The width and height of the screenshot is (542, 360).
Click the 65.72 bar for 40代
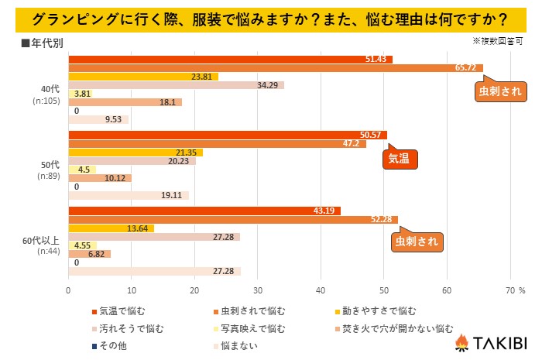[x=276, y=68]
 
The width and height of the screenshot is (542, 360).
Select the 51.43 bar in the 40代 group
[x=230, y=60]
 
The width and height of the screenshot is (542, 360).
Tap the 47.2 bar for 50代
[x=218, y=143]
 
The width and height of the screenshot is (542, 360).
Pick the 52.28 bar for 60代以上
[x=233, y=219]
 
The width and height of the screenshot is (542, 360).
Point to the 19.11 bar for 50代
[x=129, y=195]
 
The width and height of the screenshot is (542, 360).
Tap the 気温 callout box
[x=400, y=159]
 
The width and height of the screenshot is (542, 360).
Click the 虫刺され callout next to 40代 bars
[x=495, y=92]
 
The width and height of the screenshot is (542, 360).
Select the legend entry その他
[x=111, y=345]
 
